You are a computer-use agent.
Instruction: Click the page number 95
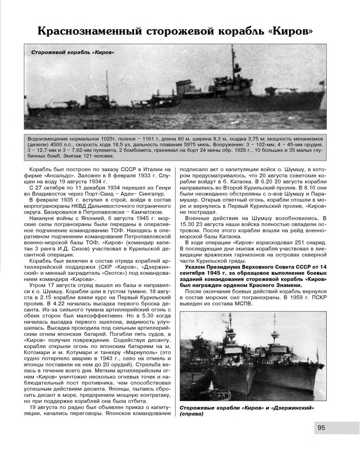coord(321,428)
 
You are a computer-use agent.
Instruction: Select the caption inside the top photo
coord(72,53)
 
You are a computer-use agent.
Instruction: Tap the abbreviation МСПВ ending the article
coord(244,304)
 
